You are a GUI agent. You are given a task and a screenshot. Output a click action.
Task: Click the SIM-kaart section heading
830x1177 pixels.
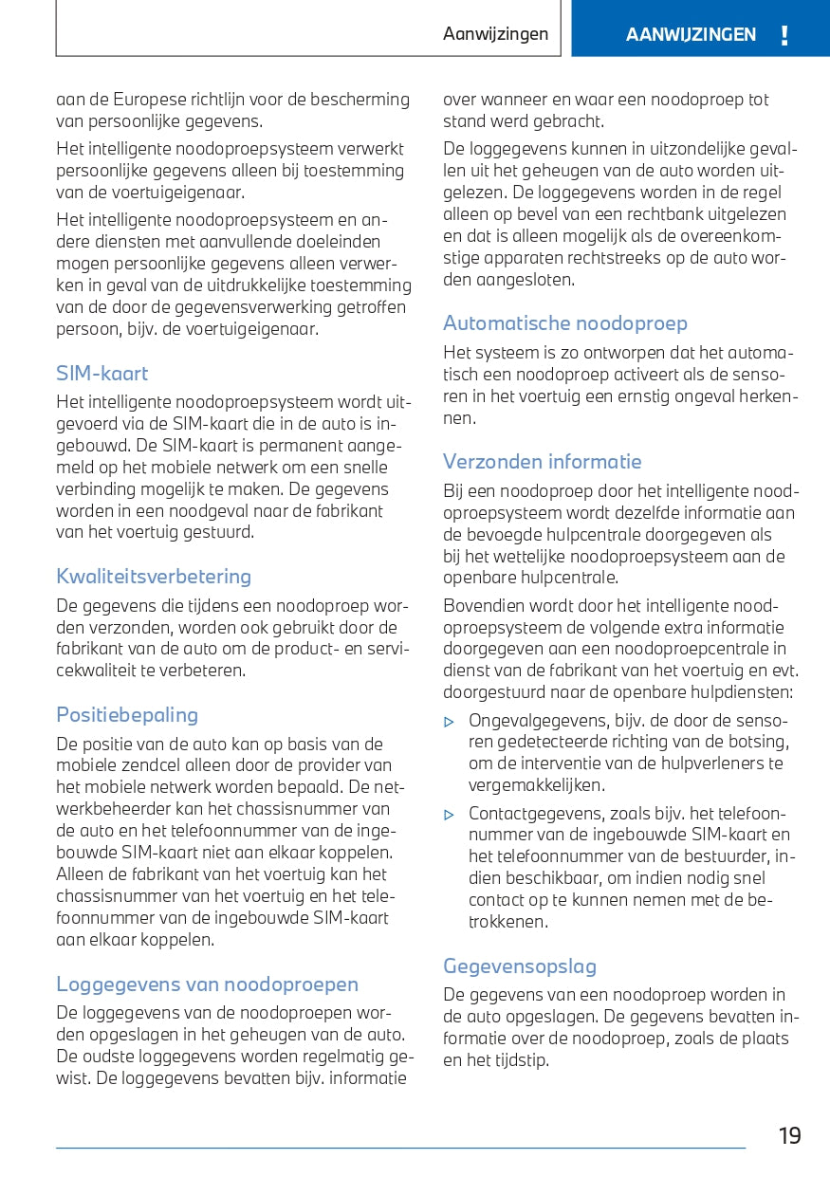point(102,374)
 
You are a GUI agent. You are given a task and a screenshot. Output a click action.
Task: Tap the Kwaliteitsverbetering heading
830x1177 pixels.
point(154,577)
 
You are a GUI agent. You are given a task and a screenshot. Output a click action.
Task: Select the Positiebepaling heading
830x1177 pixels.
point(127,715)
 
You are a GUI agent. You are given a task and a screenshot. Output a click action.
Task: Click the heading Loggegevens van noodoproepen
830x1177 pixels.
point(208,984)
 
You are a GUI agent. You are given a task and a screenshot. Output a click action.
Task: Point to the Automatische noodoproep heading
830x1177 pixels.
point(565,323)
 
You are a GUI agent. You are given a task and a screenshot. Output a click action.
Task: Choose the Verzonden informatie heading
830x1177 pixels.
point(543,462)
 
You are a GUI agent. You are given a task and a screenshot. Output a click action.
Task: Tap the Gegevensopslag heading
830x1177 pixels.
point(520,966)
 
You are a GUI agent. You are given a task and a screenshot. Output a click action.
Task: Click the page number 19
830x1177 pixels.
point(790,1136)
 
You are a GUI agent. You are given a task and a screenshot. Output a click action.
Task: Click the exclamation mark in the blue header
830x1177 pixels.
point(784,36)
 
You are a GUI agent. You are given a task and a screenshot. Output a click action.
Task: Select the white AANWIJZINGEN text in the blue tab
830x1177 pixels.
point(691,35)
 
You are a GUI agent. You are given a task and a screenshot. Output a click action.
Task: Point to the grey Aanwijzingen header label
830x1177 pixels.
point(495,34)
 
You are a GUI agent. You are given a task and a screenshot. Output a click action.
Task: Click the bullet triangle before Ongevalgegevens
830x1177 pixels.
point(450,722)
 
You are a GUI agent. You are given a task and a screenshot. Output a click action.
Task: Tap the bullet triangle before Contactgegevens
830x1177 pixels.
point(450,815)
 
